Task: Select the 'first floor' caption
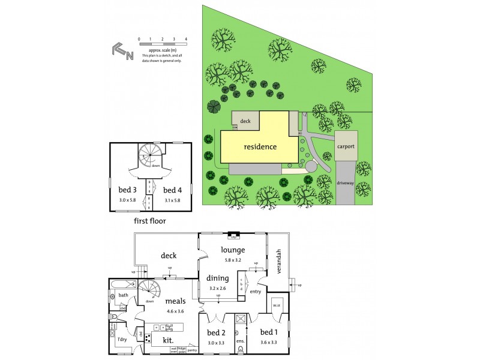149,221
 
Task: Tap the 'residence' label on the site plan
260,146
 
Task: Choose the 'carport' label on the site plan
346,146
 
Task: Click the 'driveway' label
345,181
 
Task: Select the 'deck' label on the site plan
245,121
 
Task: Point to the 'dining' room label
217,278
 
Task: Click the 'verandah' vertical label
278,262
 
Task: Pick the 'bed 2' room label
216,332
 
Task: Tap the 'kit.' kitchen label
168,340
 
